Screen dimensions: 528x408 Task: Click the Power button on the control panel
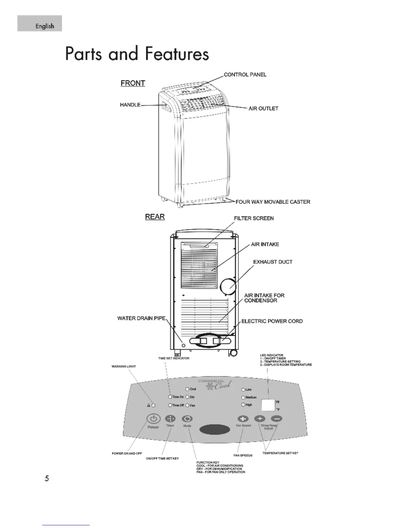(x=153, y=419)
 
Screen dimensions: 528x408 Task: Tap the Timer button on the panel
(x=170, y=419)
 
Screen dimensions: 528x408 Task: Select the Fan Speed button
(x=243, y=419)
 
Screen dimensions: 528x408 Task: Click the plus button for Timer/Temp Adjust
(x=260, y=419)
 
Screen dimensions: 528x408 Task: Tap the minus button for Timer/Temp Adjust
(x=277, y=419)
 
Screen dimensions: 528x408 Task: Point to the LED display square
(x=268, y=405)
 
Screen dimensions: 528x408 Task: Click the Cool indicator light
(x=187, y=389)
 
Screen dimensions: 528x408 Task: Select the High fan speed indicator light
(x=243, y=405)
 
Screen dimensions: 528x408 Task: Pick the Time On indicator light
(x=170, y=397)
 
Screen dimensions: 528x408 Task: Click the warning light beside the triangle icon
(x=153, y=405)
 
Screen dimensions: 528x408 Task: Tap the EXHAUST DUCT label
(x=273, y=262)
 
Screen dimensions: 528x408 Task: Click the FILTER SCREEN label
(x=254, y=218)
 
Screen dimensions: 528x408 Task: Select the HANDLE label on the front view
(x=130, y=105)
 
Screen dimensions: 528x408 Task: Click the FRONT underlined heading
(x=133, y=83)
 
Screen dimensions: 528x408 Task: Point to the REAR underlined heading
(x=155, y=217)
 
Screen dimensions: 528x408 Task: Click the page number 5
(x=47, y=478)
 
